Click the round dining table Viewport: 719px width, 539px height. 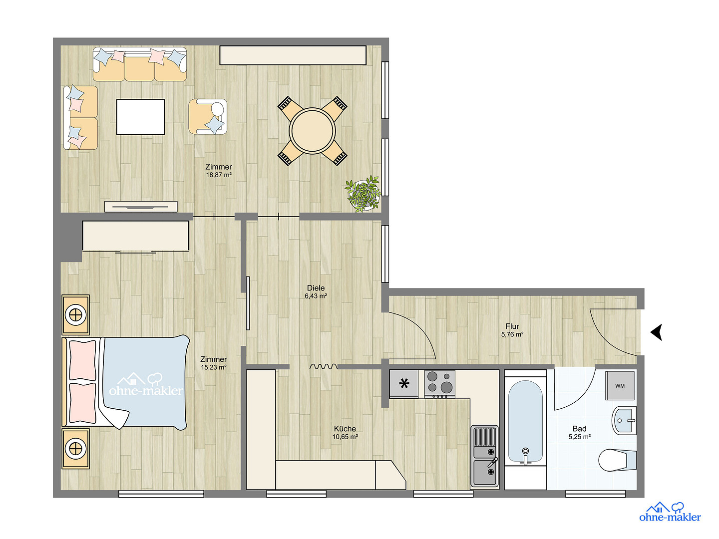pos(312,131)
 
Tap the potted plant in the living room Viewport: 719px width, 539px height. pos(363,194)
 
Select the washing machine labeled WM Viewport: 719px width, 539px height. pos(620,385)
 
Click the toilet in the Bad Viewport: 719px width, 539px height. pos(617,460)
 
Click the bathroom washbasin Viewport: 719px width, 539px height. pos(624,421)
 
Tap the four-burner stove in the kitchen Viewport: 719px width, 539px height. pos(439,384)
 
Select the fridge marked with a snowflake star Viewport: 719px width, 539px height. pos(404,384)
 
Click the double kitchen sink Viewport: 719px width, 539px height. pos(484,456)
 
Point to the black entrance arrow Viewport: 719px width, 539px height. pos(656,332)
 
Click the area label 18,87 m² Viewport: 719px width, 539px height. pos(219,175)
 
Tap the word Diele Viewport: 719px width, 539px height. pos(316,288)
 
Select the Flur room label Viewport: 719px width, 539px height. pos(512,326)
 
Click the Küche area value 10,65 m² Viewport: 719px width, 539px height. pos(345,437)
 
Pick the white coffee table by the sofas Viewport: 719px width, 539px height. pos(140,117)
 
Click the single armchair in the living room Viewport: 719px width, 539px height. pos(208,116)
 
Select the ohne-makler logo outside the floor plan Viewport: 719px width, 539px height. pos(670,513)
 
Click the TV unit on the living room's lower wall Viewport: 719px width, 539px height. pos(141,207)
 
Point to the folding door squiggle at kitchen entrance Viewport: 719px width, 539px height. pos(324,366)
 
